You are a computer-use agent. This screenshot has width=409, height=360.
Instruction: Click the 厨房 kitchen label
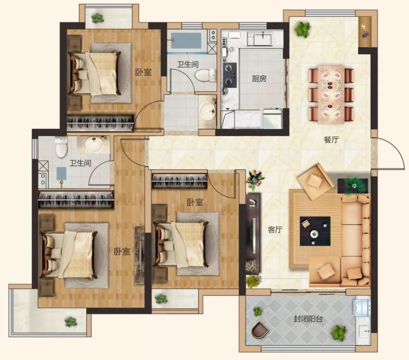[x=259, y=78]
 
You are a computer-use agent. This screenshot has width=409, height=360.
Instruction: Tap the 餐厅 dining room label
[x=331, y=140]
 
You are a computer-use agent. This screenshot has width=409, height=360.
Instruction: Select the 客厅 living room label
[x=275, y=230]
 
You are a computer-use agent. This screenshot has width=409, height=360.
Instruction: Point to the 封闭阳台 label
[x=308, y=319]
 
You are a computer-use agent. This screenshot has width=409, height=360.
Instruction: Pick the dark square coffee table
[x=315, y=231]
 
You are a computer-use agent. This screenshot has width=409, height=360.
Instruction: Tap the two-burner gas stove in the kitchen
[x=229, y=75]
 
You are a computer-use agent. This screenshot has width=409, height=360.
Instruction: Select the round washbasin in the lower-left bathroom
[x=94, y=144]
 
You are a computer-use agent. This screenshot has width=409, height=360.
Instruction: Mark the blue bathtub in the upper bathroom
[x=186, y=41]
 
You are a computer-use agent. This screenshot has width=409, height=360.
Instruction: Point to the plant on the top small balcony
[x=98, y=18]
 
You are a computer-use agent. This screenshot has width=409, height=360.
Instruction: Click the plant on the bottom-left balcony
[x=71, y=322]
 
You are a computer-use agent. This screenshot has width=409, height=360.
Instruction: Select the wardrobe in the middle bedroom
[x=180, y=181]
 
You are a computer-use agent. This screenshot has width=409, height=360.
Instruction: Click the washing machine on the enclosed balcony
[x=362, y=308]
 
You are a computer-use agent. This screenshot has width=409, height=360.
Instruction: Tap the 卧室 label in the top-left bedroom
[x=143, y=72]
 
